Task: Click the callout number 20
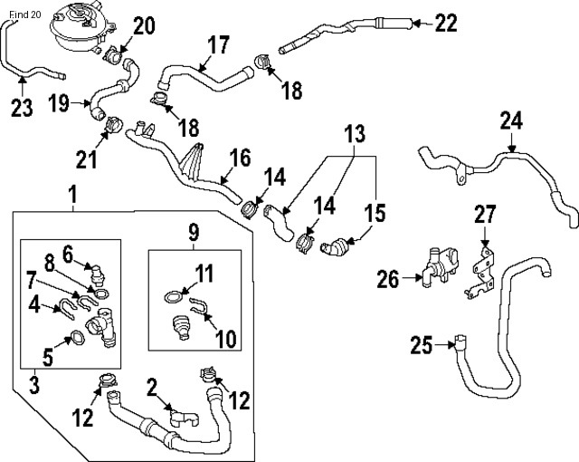pos(145,24)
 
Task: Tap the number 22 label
pos(446,24)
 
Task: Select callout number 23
pos(23,108)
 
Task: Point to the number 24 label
pos(511,120)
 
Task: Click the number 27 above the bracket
pos(486,215)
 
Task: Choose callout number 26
pos(388,279)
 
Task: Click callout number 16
pos(239,159)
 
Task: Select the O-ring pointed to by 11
pos(171,295)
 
